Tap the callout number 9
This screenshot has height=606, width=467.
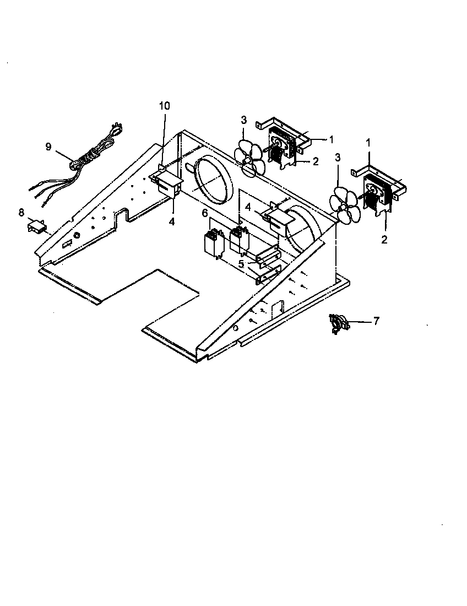click(x=48, y=147)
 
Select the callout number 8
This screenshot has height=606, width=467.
click(x=21, y=212)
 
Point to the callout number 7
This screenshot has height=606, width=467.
click(x=376, y=321)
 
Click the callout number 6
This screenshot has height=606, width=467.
click(x=204, y=213)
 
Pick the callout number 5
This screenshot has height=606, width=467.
click(x=241, y=264)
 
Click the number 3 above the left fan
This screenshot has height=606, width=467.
click(x=243, y=120)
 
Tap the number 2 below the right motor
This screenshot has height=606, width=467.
click(x=384, y=240)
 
